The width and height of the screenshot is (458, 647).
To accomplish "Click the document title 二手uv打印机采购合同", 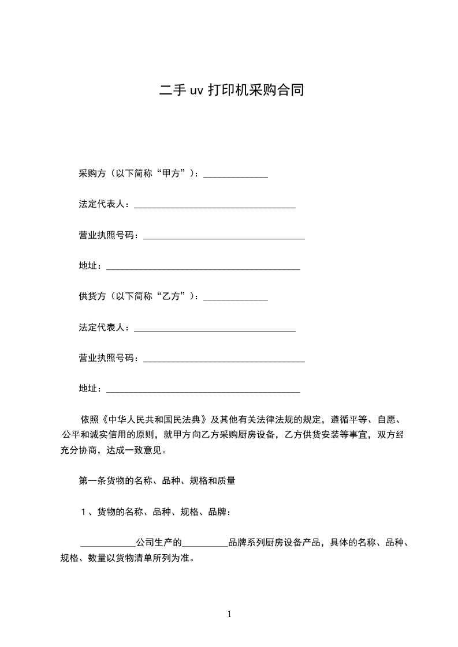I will (232, 91).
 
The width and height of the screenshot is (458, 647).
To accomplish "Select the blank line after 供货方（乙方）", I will (236, 299).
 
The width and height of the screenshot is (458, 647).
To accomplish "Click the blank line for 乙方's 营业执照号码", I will (224, 360).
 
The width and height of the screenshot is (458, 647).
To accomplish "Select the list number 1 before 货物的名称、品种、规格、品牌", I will (84, 511).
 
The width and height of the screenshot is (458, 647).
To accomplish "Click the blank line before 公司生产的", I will (107, 544).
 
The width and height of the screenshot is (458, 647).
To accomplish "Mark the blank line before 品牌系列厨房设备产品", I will (205, 544).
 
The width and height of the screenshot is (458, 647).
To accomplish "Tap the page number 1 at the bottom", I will (229, 614).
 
